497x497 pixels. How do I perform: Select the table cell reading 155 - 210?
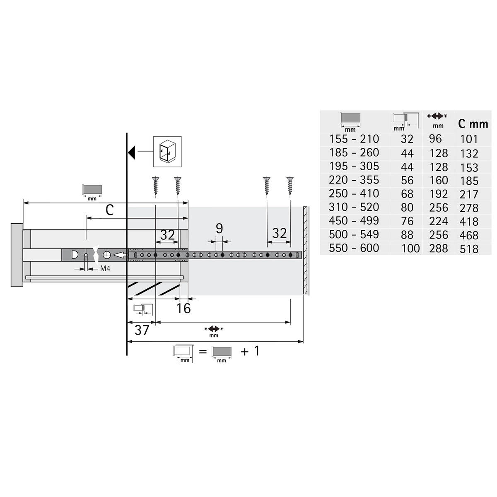coord(354,139)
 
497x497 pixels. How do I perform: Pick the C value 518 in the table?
coord(469,249)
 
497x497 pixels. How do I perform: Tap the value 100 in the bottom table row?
coord(410,248)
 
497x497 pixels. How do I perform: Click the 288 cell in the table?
coord(439,248)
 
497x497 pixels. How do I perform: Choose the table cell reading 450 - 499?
coord(354,221)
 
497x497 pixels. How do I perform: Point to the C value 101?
coord(469,139)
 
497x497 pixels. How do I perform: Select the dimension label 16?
coord(183,308)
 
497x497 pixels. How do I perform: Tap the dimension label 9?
coord(219,228)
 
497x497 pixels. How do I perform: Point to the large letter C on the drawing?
coord(109,210)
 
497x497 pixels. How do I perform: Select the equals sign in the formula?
coord(203,352)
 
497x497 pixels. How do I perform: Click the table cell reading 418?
coord(469,222)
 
